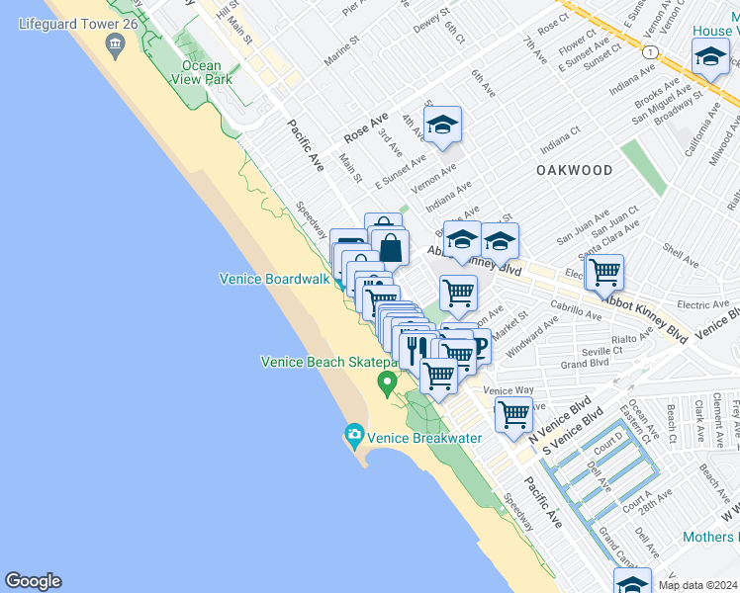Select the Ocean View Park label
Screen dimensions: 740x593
point(201,73)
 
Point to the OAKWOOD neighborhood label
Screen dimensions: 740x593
point(575,170)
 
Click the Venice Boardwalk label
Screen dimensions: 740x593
point(274,280)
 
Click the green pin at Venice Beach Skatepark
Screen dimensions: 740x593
point(387,381)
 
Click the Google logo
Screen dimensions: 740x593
point(33,581)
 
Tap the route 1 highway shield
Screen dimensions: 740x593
point(647,51)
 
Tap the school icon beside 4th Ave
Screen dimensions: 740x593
point(442,126)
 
